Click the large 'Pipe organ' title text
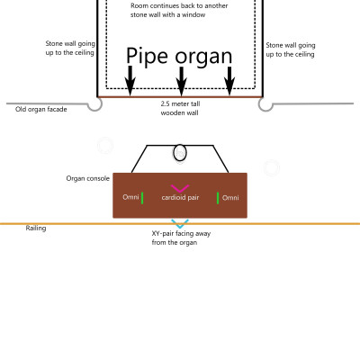click(179, 58)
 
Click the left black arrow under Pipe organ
click(130, 81)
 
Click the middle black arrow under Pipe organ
click(181, 81)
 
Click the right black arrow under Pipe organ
click(230, 81)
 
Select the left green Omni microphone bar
click(141, 197)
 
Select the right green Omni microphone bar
click(218, 197)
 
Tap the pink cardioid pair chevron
click(180, 187)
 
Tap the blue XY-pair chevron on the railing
click(180, 223)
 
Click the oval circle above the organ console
click(180, 152)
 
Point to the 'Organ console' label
click(87, 178)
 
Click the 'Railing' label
click(35, 229)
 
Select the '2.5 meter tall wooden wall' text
click(179, 109)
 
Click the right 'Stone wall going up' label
click(290, 49)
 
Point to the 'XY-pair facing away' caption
click(180, 238)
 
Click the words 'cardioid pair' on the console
click(180, 197)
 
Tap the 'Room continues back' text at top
click(179, 12)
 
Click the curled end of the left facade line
click(94, 104)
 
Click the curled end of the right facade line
click(265, 104)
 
